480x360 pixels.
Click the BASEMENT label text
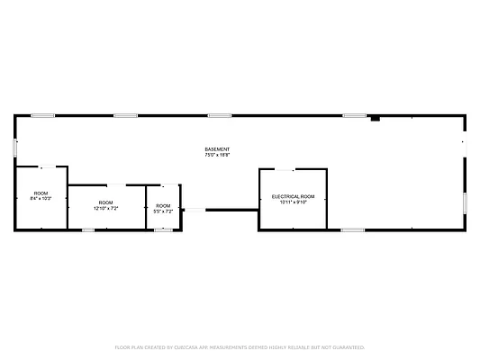pyautogui.click(x=217, y=148)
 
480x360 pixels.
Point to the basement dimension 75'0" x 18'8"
pyautogui.click(x=217, y=155)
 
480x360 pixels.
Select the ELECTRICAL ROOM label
pyautogui.click(x=294, y=196)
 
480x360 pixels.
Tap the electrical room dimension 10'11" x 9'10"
pyautogui.click(x=294, y=202)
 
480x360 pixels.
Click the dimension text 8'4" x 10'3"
pyautogui.click(x=41, y=198)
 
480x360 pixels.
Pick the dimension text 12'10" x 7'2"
pyautogui.click(x=106, y=208)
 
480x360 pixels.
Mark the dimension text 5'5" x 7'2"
pyautogui.click(x=164, y=211)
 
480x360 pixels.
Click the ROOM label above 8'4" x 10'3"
pyautogui.click(x=41, y=193)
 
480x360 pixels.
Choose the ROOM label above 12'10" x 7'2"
pyautogui.click(x=106, y=202)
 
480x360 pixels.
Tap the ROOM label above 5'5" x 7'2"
pyautogui.click(x=164, y=206)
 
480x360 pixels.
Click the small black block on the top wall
pyautogui.click(x=376, y=117)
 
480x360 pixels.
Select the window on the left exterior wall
pyautogui.click(x=14, y=147)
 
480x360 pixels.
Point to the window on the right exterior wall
pyautogui.click(x=466, y=202)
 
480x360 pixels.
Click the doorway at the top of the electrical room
pyautogui.click(x=285, y=169)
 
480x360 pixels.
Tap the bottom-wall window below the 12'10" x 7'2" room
pyautogui.click(x=88, y=229)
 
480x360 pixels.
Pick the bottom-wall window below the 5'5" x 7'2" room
pyautogui.click(x=163, y=229)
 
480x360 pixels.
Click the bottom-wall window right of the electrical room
pyautogui.click(x=353, y=230)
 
